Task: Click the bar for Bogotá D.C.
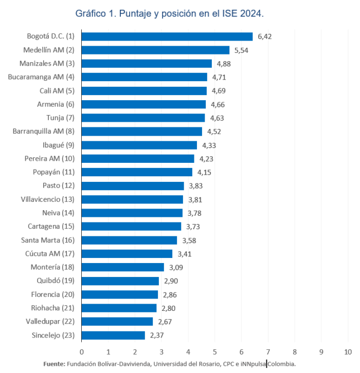point(167,36)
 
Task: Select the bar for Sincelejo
point(113,335)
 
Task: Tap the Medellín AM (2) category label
point(49,50)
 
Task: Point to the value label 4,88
point(224,64)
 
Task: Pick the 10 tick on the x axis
point(348,352)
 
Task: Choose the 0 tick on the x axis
point(81,352)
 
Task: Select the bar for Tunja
point(143,118)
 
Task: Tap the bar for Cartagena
point(131,227)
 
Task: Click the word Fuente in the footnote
point(54,363)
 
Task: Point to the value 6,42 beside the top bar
point(264,36)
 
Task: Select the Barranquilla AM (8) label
point(44,132)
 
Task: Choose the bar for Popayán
point(137,172)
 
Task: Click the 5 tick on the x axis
point(214,352)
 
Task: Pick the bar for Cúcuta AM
point(127,254)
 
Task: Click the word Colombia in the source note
point(282,363)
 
